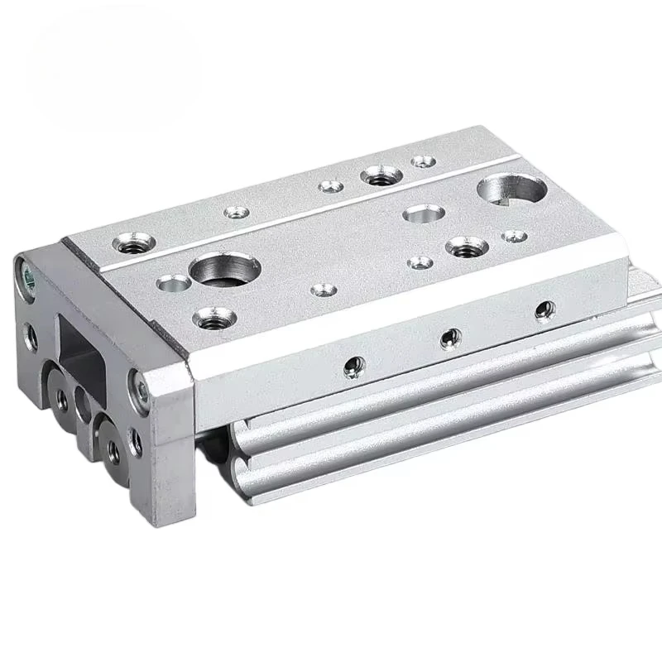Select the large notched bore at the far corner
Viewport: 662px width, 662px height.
[x=511, y=189]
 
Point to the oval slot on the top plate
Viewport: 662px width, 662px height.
[x=424, y=213]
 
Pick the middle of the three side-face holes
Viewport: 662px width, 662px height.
[x=450, y=337]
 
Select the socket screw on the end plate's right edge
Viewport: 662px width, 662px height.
[x=139, y=386]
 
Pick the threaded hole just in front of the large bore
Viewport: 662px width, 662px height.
[x=210, y=316]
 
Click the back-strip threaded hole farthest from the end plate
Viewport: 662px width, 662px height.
[x=381, y=175]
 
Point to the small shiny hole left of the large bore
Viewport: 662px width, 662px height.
[x=173, y=284]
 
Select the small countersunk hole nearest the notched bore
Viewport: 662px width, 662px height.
[x=514, y=237]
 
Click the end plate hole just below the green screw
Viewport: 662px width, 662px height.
[x=31, y=335]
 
